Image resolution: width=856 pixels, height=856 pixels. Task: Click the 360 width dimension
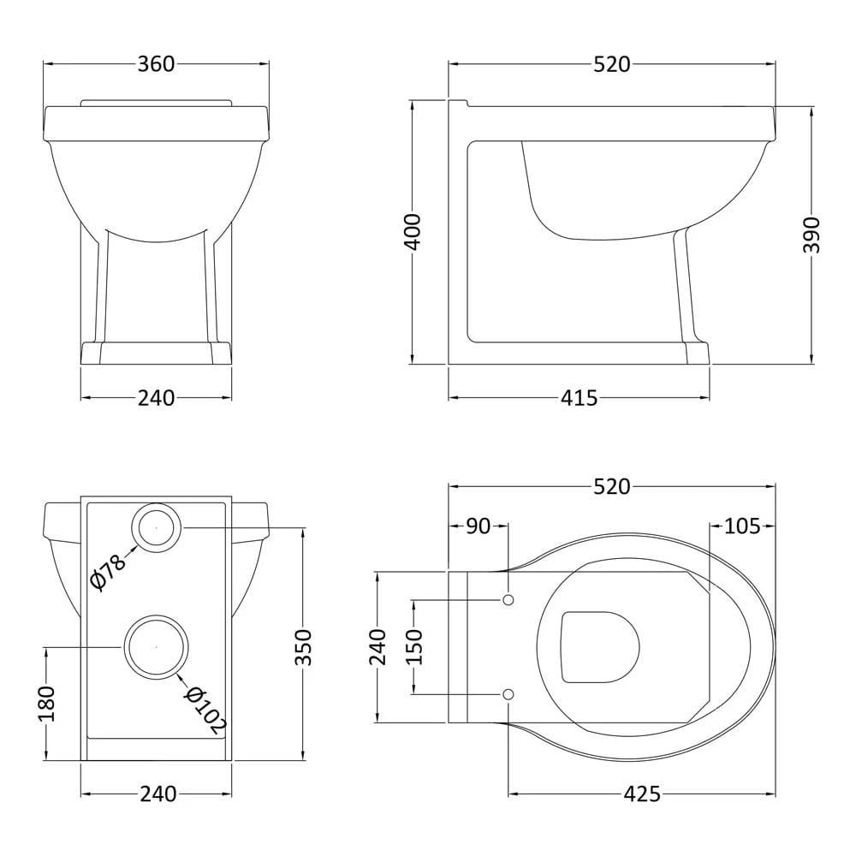tap(156, 64)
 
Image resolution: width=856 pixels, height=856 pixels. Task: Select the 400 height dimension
tap(413, 231)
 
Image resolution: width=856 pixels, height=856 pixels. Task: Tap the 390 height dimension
tap(811, 234)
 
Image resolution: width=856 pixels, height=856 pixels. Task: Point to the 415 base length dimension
tap(580, 398)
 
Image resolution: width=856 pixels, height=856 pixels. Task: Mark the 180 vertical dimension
tap(46, 704)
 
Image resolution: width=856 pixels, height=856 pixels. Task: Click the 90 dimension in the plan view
tap(479, 526)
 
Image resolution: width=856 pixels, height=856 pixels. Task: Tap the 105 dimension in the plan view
tap(742, 526)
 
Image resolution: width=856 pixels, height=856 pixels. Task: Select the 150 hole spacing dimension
tap(413, 646)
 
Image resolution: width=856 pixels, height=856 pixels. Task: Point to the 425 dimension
tap(642, 794)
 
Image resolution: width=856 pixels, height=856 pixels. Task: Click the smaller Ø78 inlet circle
tap(156, 528)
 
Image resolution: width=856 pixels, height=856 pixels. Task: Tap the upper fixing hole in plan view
tap(508, 600)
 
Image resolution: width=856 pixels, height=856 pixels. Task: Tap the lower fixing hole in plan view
tap(508, 693)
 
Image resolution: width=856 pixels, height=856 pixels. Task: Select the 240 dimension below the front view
tap(156, 398)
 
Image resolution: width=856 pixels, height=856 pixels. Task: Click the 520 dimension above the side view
tap(612, 64)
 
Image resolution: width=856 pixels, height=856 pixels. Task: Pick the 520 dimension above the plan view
tap(612, 487)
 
